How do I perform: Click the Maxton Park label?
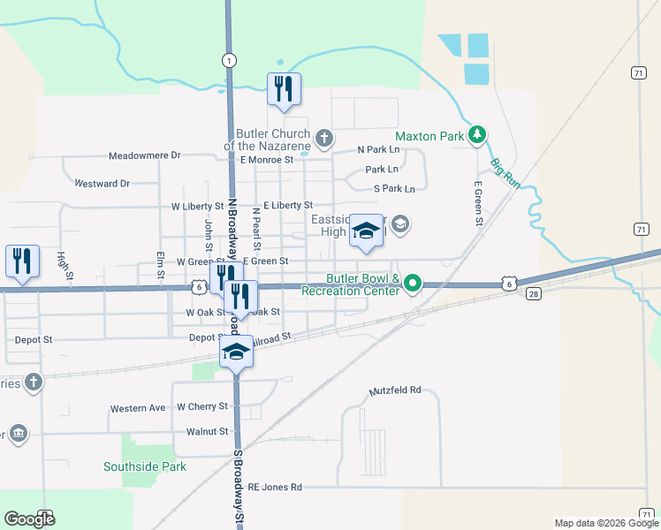coord(429,137)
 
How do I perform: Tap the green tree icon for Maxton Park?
coord(478,134)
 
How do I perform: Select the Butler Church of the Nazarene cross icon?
coord(325,138)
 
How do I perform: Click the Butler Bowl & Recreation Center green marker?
coord(412,284)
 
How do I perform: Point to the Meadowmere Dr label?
coord(144,155)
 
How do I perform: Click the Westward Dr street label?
coord(103,184)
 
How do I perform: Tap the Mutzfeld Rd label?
coord(395,390)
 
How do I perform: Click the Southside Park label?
coord(145,466)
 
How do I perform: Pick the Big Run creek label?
coord(505,173)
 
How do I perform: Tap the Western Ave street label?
coord(138,409)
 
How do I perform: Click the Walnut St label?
coord(208,432)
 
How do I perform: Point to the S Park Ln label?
coord(394,189)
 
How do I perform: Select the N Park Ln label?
coord(378,151)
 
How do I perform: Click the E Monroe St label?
coord(266,160)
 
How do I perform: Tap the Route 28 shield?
coord(533,293)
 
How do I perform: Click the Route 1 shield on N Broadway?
coord(229,59)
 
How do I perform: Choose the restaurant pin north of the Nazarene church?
coord(284,90)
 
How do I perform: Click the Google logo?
coord(29,519)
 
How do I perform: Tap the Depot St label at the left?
coord(34,339)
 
